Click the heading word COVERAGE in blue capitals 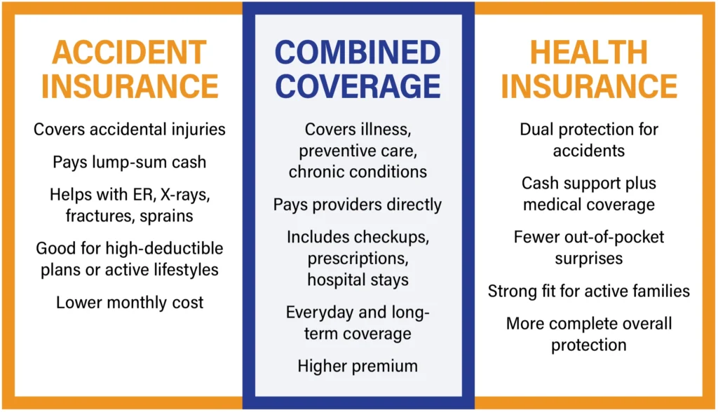(358, 86)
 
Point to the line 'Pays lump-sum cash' (130, 163)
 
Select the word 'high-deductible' (164, 249)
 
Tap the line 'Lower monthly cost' (130, 303)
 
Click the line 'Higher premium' (358, 366)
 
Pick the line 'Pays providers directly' (358, 205)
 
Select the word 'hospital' (337, 280)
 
